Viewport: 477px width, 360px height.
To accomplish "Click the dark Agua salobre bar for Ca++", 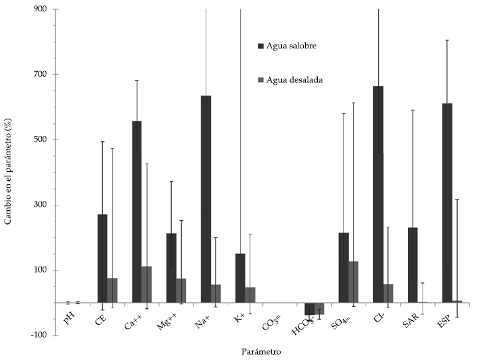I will tap(137, 211).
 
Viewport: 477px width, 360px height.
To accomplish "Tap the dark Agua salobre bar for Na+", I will tap(206, 199).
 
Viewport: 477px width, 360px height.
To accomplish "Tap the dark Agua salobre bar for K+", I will tap(240, 278).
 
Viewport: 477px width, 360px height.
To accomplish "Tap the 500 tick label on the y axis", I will tap(42, 140).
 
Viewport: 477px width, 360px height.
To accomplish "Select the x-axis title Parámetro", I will tap(261, 350).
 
